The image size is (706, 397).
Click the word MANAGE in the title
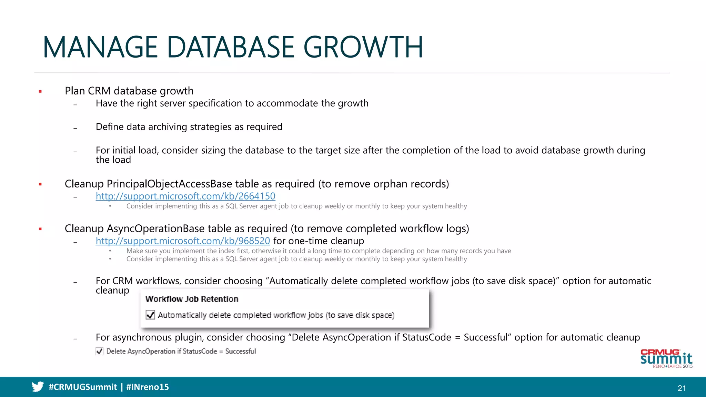100,47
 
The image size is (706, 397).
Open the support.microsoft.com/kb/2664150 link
185,196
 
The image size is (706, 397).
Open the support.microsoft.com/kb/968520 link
183,241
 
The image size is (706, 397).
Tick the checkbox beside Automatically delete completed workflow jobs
150,315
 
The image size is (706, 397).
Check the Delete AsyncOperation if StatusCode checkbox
100,351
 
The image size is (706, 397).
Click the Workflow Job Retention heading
192,299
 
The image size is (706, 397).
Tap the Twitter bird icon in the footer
38,387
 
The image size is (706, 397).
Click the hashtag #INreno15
148,387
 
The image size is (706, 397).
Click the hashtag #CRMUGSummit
83,387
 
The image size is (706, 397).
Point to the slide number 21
682,388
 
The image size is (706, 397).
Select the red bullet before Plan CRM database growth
40,91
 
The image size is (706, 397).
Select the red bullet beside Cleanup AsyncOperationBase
40,229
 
